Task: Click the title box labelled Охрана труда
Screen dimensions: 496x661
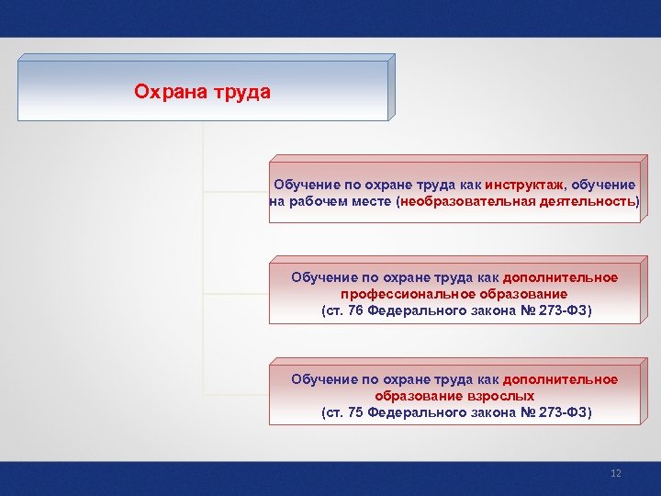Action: click(x=203, y=91)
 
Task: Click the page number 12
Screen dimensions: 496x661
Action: click(x=616, y=473)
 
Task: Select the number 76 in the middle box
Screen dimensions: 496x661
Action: click(x=353, y=310)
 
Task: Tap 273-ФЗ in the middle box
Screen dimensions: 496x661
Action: click(x=561, y=310)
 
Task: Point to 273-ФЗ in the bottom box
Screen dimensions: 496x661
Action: click(x=561, y=412)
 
